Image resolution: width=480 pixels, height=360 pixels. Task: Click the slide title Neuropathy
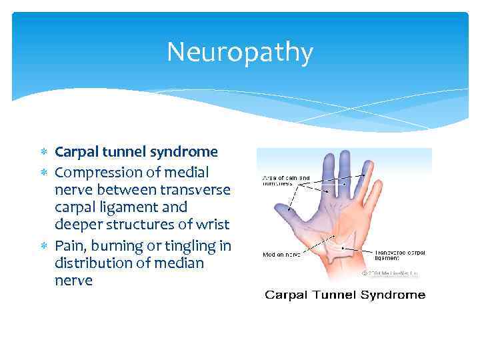pyautogui.click(x=239, y=53)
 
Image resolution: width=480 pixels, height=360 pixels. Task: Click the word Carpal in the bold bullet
pyautogui.click(x=75, y=152)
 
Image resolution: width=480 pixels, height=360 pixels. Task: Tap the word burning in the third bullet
pyautogui.click(x=117, y=245)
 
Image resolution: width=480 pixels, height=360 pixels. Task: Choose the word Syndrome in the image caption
pyautogui.click(x=395, y=295)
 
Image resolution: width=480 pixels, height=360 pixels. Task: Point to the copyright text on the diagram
pyautogui.click(x=398, y=273)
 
